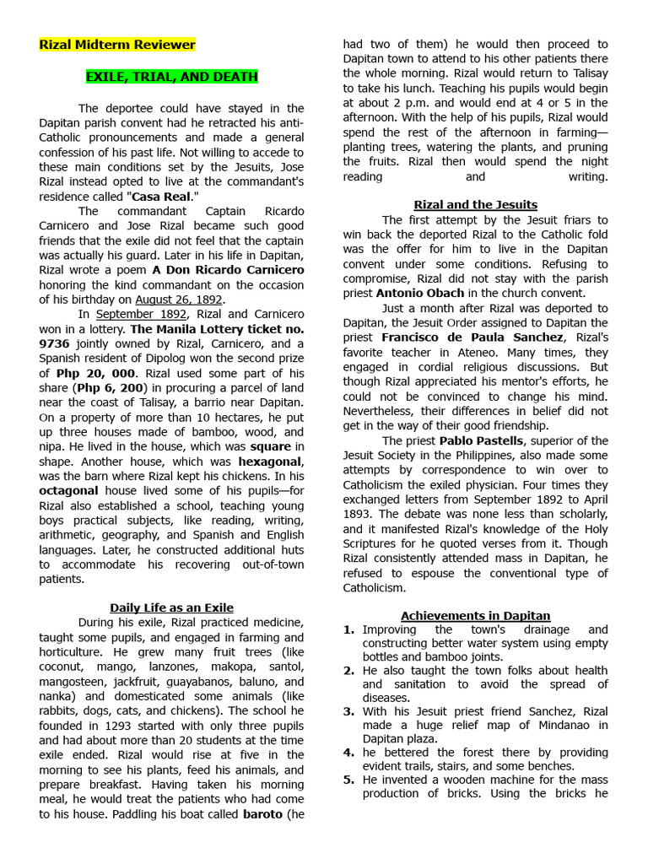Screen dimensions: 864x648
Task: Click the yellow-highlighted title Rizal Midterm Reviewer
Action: (117, 45)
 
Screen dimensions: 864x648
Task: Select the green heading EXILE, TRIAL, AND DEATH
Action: (171, 77)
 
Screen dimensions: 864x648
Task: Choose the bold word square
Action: (270, 446)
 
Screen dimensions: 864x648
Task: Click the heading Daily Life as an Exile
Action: (171, 607)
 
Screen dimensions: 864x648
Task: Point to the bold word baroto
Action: (262, 814)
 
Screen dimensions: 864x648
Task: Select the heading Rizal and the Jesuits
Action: (475, 204)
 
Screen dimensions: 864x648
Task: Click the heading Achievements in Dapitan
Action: (475, 616)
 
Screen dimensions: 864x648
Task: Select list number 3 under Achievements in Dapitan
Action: (348, 711)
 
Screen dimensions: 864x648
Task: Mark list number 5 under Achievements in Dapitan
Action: (348, 780)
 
